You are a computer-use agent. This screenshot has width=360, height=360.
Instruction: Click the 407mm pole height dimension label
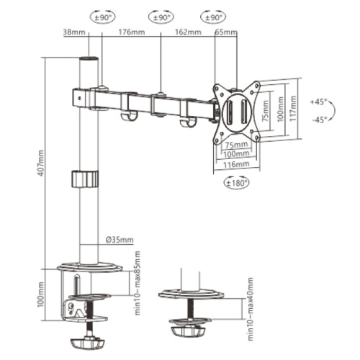(x=41, y=163)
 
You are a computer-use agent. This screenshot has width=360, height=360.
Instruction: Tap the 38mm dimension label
(x=74, y=32)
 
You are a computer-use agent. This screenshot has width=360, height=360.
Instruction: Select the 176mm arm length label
(x=132, y=32)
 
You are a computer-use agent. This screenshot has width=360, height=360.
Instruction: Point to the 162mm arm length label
(x=188, y=32)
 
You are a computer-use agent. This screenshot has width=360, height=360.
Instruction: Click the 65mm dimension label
(x=226, y=32)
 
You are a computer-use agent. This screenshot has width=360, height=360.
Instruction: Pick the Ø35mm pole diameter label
(x=120, y=240)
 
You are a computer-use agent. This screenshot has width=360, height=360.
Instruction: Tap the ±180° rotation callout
(x=236, y=183)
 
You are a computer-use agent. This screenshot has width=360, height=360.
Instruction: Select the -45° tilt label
(x=320, y=120)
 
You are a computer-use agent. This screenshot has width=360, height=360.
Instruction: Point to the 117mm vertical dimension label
(x=293, y=108)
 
